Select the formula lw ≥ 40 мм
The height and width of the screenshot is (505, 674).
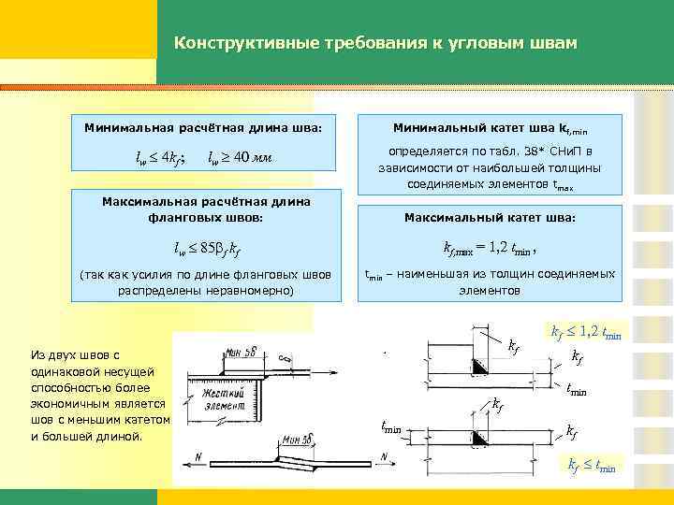241,156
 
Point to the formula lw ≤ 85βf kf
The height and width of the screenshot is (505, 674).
208,249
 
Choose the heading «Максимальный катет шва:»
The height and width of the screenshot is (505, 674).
491,218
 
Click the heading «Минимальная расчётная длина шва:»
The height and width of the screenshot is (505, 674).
203,125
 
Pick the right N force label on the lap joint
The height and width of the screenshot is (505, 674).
384,456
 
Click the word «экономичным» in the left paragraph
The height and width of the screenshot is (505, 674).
66,387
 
